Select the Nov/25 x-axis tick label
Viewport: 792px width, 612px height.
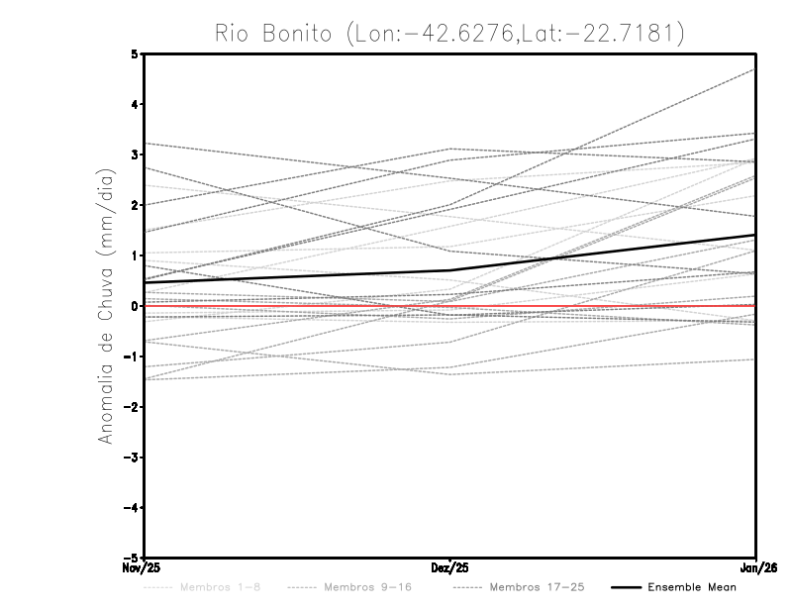140,568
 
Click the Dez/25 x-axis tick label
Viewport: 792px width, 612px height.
450,568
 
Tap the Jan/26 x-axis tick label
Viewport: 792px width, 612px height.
756,568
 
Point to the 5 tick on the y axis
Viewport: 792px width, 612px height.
134,53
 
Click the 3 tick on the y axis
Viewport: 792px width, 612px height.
134,154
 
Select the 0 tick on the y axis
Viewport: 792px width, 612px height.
134,306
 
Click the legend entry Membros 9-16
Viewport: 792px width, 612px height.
366,587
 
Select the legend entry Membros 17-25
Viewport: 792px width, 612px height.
537,587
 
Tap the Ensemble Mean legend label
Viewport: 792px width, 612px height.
691,587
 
